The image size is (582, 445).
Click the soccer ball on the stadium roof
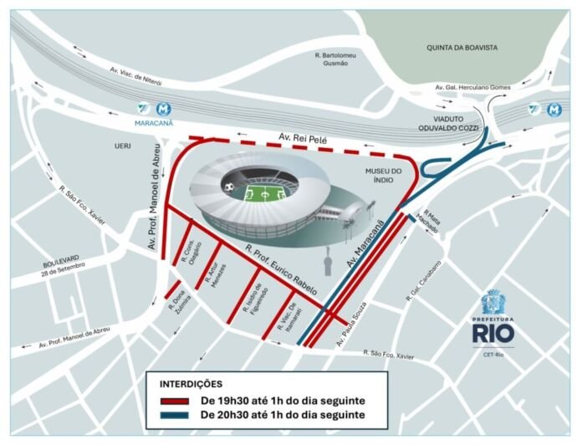click(x=229, y=185)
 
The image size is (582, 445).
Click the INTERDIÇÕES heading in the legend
click(x=191, y=384)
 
